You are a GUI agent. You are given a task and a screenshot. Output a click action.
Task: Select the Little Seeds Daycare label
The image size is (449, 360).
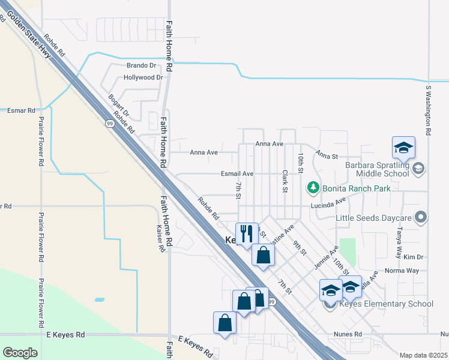[375, 217]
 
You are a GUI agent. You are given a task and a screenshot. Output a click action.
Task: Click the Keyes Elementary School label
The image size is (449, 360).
[386, 304]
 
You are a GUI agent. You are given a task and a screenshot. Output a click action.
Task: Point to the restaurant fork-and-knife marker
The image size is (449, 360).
[246, 234]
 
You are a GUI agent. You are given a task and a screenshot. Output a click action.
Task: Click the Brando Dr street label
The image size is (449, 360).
[141, 65]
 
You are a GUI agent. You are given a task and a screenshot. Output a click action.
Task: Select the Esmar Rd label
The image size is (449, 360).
[22, 110]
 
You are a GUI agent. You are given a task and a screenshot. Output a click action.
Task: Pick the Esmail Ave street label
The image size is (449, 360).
[237, 173]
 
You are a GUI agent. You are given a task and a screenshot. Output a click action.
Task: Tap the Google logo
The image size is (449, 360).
[20, 352]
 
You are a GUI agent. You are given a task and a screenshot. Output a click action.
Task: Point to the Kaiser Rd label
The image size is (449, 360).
[160, 239]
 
